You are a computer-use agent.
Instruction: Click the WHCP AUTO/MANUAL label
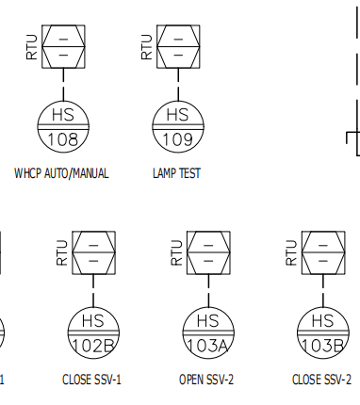[x=61, y=173]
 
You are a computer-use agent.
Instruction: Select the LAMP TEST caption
[x=176, y=173]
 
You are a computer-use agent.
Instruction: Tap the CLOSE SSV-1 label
[x=91, y=380]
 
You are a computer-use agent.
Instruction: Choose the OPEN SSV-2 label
[x=206, y=380]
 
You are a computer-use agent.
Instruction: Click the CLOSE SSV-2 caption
[x=321, y=380]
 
